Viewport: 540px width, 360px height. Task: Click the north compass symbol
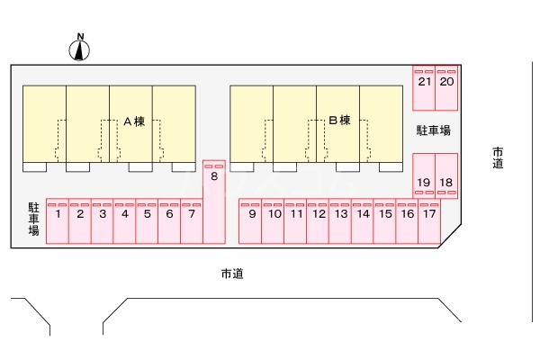pyautogui.click(x=81, y=50)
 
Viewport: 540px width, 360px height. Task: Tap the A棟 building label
pyautogui.click(x=133, y=121)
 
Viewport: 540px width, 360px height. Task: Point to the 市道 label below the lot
pyautogui.click(x=231, y=273)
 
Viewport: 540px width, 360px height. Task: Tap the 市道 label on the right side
pyautogui.click(x=498, y=157)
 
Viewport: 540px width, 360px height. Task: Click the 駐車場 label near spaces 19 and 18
pyautogui.click(x=433, y=131)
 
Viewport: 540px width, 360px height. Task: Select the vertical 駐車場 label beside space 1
pyautogui.click(x=33, y=219)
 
